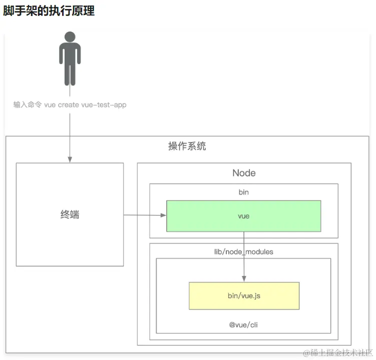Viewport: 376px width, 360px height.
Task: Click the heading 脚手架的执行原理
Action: [x=49, y=11]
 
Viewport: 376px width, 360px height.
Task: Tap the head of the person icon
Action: [x=70, y=37]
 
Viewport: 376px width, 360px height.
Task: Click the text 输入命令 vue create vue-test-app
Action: [x=70, y=105]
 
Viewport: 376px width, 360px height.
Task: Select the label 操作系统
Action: [x=187, y=146]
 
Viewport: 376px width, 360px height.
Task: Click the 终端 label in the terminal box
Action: [x=70, y=215]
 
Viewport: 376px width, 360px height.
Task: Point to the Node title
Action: [x=244, y=173]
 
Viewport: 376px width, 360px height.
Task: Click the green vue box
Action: [x=244, y=216]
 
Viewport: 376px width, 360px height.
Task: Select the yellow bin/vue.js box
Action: [x=244, y=296]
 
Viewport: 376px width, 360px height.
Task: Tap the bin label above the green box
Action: [x=244, y=192]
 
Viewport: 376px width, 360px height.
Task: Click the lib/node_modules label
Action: [x=244, y=251]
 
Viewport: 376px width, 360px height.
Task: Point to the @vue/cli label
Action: [x=244, y=325]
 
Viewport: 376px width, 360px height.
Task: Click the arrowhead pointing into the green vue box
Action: [x=163, y=215]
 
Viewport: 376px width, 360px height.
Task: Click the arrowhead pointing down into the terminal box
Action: [x=70, y=159]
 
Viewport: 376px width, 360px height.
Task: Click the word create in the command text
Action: [x=68, y=105]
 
